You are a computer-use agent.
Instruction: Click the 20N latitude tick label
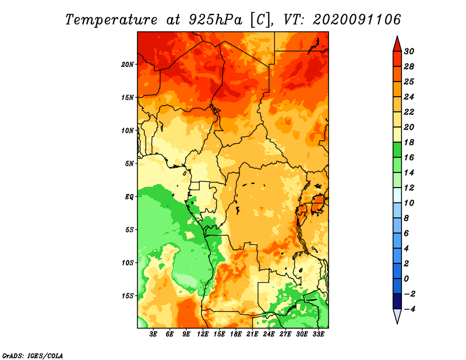click(x=127, y=65)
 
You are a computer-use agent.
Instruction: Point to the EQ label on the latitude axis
click(x=129, y=197)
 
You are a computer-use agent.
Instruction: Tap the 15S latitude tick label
click(x=127, y=296)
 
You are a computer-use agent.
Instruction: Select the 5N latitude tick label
click(x=129, y=164)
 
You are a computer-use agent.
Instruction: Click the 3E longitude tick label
click(x=153, y=334)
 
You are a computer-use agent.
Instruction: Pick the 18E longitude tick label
click(x=236, y=334)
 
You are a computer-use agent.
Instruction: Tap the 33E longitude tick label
click(x=318, y=334)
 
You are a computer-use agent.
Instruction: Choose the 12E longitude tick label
click(x=203, y=334)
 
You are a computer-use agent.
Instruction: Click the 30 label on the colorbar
click(x=409, y=51)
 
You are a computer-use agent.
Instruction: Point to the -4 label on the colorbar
click(x=409, y=309)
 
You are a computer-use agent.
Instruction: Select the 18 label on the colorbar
click(x=409, y=142)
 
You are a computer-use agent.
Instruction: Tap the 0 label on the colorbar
click(x=406, y=279)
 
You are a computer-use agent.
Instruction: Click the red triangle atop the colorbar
click(x=397, y=45)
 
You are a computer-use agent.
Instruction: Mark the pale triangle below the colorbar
click(x=397, y=316)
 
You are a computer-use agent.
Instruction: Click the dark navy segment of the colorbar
click(x=397, y=301)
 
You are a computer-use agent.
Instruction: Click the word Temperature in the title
click(x=111, y=20)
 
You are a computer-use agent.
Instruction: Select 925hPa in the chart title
click(x=215, y=20)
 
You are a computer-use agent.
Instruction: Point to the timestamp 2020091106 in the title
click(x=357, y=20)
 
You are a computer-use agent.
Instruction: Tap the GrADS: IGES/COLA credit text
click(x=33, y=356)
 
